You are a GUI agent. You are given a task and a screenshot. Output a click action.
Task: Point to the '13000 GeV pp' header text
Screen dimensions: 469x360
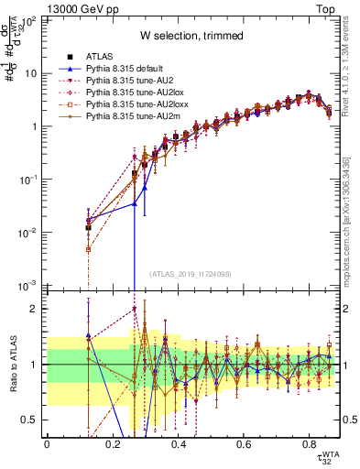(x=80, y=8)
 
